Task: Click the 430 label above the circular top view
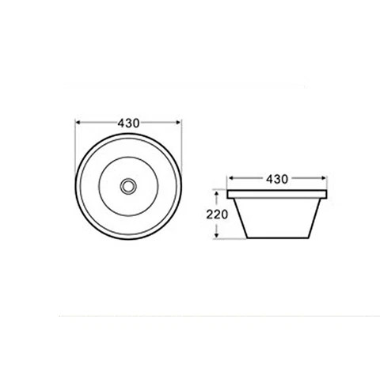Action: click(129, 123)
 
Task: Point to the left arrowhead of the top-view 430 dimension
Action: click(78, 123)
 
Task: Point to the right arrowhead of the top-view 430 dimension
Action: click(180, 123)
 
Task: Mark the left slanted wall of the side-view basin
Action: click(238, 218)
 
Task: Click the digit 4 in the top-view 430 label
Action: click(121, 123)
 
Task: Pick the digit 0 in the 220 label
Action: click(226, 214)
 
